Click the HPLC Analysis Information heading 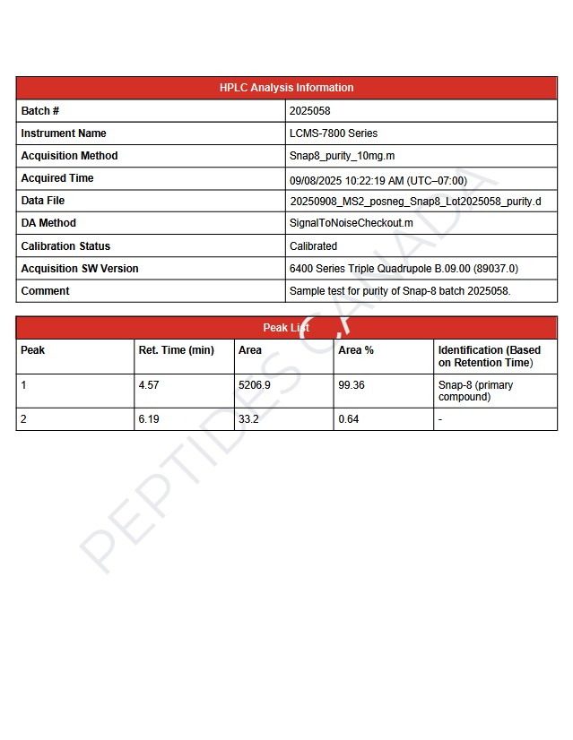(x=286, y=88)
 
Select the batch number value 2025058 (x=309, y=111)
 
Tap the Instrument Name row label (x=64, y=133)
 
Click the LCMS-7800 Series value (x=334, y=133)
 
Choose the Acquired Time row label (x=57, y=178)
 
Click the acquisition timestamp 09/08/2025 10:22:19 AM (x=378, y=180)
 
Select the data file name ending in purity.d (x=415, y=202)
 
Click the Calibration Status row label (x=65, y=246)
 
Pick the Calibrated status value (x=313, y=246)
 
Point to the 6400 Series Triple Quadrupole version (x=403, y=269)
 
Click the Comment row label (x=45, y=291)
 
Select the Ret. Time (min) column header (x=176, y=350)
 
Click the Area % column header (x=356, y=350)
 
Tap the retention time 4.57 (x=149, y=385)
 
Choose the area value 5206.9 (x=255, y=385)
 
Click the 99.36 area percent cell (x=352, y=385)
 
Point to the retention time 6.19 (x=149, y=419)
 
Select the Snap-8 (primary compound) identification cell (x=475, y=391)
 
